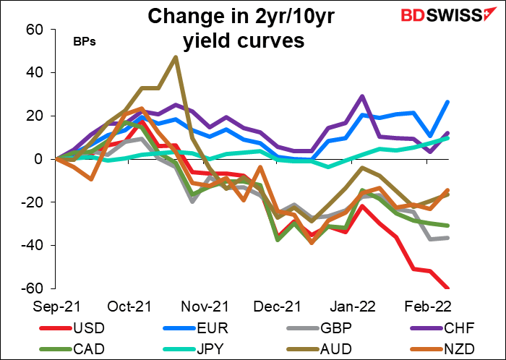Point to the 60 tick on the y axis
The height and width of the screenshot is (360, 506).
point(36,30)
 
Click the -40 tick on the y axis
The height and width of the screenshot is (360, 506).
point(33,245)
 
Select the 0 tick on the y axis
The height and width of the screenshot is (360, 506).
point(40,159)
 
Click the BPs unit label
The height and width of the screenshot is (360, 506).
point(85,41)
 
